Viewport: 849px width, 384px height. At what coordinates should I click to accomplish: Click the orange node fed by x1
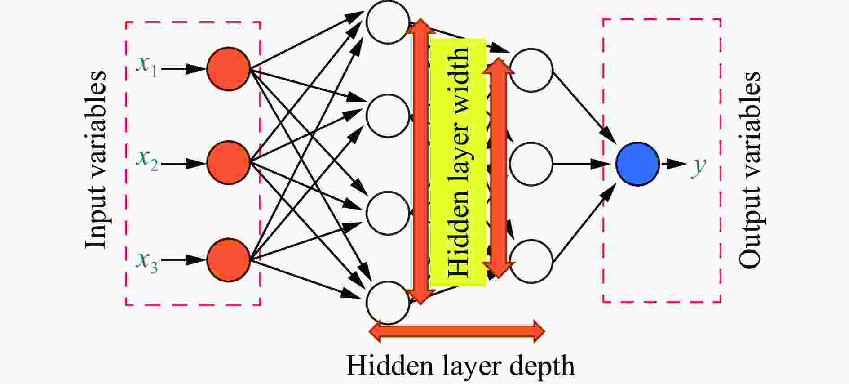point(229,69)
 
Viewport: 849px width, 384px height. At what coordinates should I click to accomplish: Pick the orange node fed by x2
point(229,163)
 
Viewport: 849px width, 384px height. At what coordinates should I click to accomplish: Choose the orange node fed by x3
point(229,260)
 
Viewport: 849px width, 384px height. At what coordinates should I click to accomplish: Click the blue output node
point(638,164)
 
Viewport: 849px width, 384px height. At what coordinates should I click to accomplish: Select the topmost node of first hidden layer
point(388,22)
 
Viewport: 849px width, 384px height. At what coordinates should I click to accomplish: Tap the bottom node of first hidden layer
point(388,303)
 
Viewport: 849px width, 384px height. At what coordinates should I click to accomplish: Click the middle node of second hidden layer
point(531,164)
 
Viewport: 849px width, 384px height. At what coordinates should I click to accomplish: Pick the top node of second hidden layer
point(531,71)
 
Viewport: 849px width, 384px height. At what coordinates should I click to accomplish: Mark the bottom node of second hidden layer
point(531,261)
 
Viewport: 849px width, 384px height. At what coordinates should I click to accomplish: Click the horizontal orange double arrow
point(457,332)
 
